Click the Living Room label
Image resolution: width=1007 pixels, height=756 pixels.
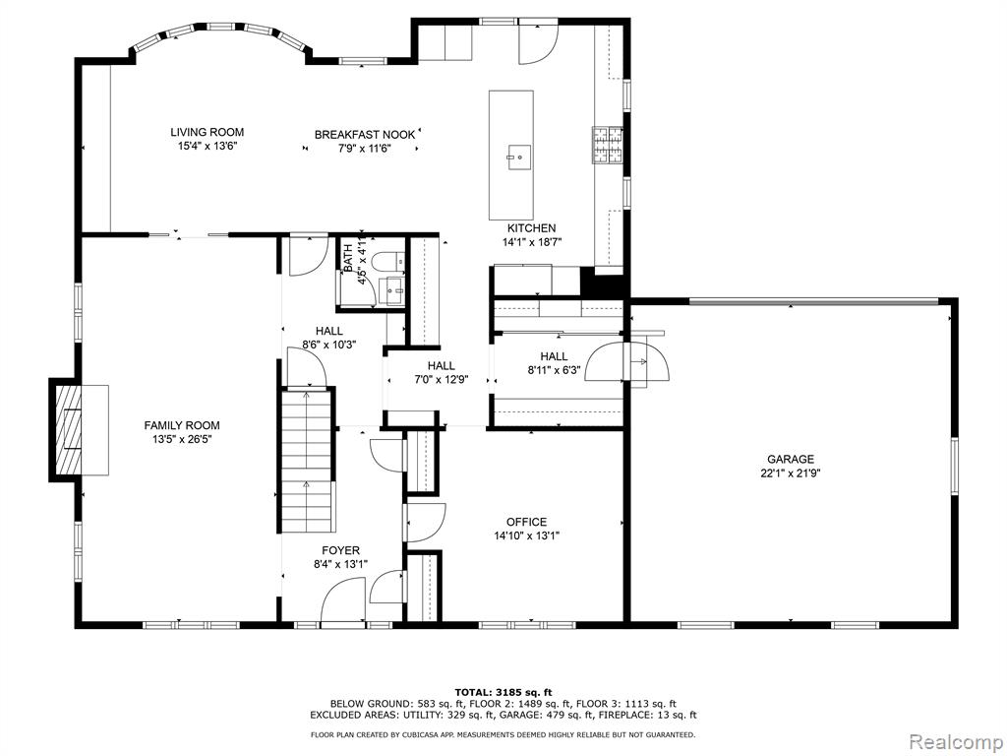(207, 132)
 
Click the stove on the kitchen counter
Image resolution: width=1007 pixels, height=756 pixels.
(608, 146)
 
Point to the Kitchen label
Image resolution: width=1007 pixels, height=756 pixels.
(531, 228)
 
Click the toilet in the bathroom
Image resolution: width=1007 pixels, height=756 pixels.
(392, 261)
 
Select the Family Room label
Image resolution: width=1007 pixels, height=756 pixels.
(182, 425)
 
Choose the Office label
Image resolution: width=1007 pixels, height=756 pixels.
(526, 522)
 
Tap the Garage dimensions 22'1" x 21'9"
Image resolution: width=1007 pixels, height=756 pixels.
(791, 472)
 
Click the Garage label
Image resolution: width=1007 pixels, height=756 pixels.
(791, 459)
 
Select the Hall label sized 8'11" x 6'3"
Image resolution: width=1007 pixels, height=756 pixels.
(554, 356)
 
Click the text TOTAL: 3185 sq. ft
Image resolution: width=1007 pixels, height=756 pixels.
(503, 692)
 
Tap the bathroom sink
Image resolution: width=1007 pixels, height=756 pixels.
(393, 287)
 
